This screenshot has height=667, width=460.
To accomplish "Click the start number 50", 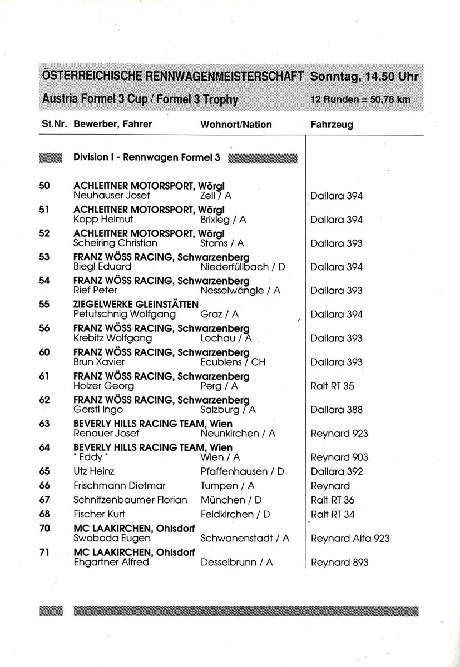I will (44, 186).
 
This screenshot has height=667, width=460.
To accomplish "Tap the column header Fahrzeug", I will (332, 125).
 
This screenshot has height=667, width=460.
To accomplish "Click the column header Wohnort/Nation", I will (236, 125).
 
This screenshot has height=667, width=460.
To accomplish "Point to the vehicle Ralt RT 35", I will (333, 386).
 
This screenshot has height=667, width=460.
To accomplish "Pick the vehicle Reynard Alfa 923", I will (350, 538).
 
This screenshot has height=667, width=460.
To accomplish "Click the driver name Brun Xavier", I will (98, 362).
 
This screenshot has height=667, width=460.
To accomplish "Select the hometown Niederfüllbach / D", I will (243, 267).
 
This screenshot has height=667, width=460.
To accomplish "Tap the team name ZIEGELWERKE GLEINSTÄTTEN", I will (136, 305).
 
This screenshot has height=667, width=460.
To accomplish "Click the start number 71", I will (44, 552).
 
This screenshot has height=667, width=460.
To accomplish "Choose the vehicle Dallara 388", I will (337, 410).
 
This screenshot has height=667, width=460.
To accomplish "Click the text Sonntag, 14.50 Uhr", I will (364, 77).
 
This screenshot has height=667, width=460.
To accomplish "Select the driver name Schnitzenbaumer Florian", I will (130, 500).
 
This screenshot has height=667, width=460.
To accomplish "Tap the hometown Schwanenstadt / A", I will (245, 538).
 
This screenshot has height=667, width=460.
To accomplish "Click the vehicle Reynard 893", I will (339, 562).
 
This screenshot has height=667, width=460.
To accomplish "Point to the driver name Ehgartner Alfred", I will (111, 562).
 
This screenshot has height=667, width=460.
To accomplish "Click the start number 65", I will (44, 471).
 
